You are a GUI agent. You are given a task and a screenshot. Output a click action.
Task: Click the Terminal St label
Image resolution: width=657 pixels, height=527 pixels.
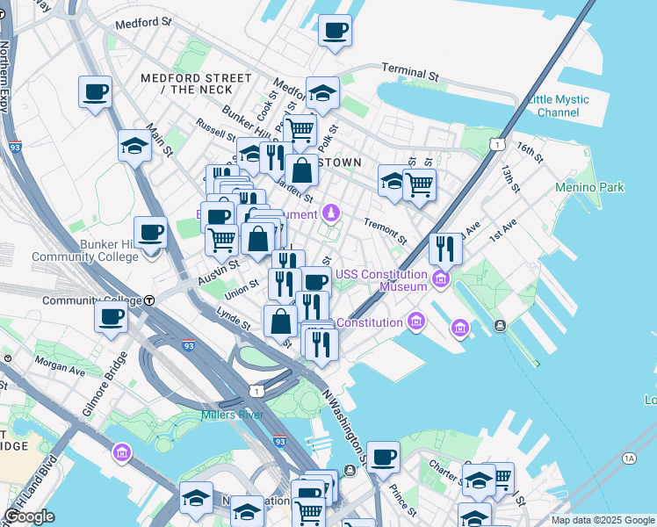(x=409, y=71)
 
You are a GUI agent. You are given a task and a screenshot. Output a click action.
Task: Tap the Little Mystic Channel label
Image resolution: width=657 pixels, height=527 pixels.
(x=558, y=105)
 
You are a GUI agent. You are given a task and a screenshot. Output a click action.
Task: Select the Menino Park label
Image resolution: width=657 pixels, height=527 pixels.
(x=589, y=187)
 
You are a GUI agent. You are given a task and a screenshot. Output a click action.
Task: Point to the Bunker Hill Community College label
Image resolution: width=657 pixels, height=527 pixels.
(x=85, y=249)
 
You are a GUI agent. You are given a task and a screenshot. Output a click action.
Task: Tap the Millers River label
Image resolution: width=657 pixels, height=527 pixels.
(x=227, y=415)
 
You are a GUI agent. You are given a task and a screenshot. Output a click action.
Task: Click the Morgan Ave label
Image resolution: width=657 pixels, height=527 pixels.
(x=60, y=365)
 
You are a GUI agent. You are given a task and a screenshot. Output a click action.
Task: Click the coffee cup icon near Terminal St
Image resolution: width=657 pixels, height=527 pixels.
(x=335, y=31)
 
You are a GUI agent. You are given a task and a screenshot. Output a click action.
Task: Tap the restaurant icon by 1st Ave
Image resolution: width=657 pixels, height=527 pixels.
(x=445, y=249)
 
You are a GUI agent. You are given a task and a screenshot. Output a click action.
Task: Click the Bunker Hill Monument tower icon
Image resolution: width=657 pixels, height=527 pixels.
(x=330, y=212)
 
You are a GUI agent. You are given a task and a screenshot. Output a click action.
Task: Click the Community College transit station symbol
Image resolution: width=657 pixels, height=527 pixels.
(x=150, y=300)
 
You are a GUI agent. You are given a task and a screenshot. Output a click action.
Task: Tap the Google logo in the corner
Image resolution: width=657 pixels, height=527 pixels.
(x=29, y=516)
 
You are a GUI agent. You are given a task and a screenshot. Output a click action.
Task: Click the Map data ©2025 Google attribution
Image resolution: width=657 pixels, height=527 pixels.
(x=602, y=520)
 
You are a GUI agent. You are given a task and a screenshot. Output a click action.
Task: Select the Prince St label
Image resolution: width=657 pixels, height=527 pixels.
(x=403, y=499)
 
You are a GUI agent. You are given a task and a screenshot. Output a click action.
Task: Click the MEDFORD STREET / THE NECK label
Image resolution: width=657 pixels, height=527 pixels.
(x=187, y=83)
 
